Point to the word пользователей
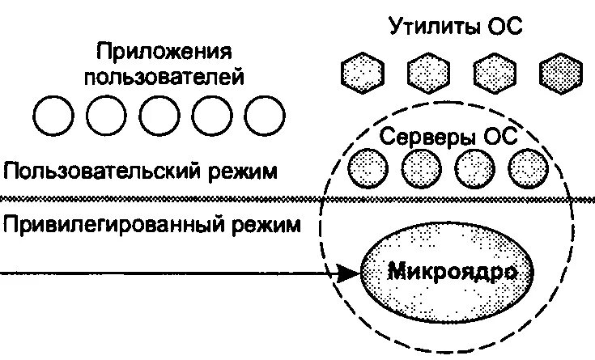point(165,78)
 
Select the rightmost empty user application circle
point(265,117)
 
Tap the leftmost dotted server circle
point(367,168)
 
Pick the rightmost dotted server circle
point(529,168)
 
